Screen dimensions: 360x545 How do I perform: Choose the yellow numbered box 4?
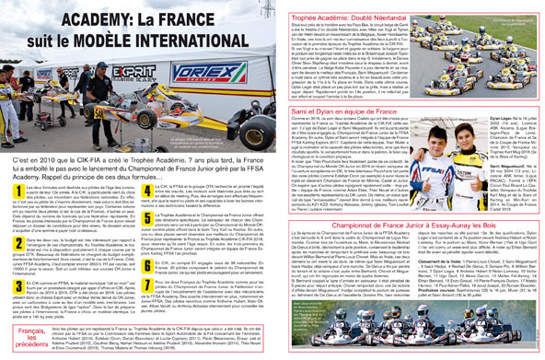147,190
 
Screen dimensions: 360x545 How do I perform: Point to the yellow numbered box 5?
147,218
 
